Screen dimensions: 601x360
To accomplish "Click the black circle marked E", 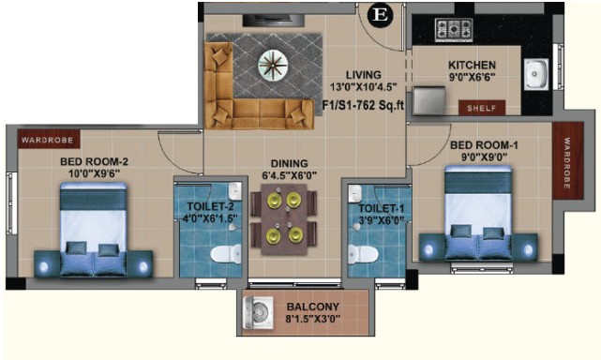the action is (x=381, y=15).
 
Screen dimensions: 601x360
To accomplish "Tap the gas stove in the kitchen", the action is (x=454, y=30).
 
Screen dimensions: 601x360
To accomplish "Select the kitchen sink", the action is (x=536, y=74).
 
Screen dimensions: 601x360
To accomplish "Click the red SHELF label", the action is (x=482, y=108).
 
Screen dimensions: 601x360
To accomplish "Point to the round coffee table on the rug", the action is (x=273, y=65).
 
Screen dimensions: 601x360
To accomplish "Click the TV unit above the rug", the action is (x=273, y=21).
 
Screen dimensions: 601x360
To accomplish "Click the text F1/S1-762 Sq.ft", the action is (x=363, y=105).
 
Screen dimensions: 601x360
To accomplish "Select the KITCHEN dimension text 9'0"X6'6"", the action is (x=472, y=77).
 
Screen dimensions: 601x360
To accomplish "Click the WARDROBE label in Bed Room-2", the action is (x=49, y=139).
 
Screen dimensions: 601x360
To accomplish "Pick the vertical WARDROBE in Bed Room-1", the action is (x=567, y=160).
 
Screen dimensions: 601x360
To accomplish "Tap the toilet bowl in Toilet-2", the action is (x=226, y=254).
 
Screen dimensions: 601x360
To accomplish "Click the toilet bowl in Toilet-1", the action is (x=363, y=254).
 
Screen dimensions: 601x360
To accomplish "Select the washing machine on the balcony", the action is (x=259, y=313).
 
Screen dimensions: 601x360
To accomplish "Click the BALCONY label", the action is (x=313, y=307).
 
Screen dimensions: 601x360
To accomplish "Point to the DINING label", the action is (x=290, y=164).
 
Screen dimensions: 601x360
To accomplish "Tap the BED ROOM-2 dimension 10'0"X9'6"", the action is (x=94, y=173).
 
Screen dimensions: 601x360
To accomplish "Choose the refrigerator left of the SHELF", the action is (x=429, y=100).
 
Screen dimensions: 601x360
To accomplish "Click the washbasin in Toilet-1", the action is (x=355, y=194).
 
